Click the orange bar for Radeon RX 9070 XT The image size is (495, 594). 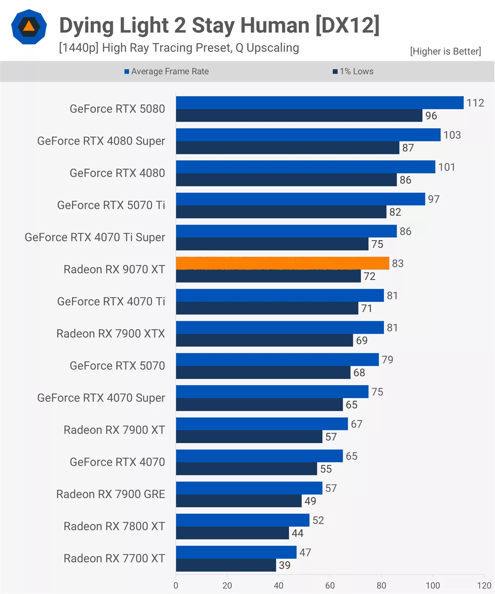282,263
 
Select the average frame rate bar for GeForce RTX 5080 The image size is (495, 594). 320,103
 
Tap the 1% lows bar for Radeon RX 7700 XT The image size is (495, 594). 226,565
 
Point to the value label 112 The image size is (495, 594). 475,103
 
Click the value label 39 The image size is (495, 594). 285,565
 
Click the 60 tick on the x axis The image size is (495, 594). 330,585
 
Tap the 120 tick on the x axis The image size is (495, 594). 484,585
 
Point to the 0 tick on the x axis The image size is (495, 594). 176,585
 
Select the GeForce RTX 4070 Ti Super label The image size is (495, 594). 95,237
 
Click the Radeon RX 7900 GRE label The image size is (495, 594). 111,494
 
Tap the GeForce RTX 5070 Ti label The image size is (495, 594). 111,205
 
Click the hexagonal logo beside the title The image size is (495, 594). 29,27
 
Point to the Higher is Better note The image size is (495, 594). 445,51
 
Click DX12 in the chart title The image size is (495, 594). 347,25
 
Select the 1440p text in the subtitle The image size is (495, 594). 79,48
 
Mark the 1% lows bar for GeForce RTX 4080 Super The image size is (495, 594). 287,148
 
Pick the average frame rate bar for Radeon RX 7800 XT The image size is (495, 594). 242,520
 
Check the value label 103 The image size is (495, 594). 452,135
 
